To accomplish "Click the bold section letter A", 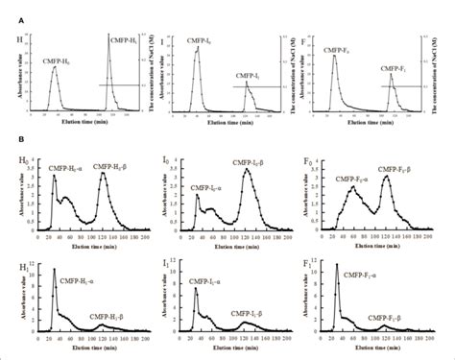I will (x=10, y=7).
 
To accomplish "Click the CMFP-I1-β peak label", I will (x=255, y=312).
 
